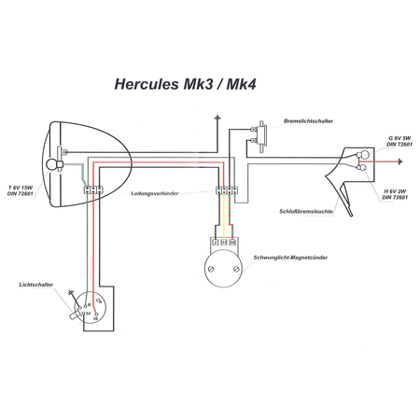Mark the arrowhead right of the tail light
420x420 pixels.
point(399,162)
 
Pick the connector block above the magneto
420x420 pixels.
point(225,191)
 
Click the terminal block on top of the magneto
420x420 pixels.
point(225,243)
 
